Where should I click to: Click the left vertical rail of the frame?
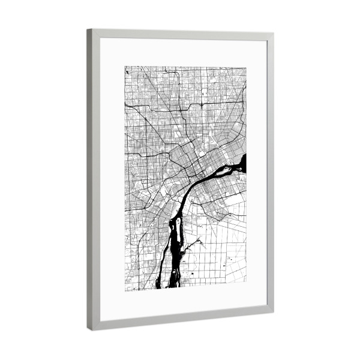pyautogui.click(x=94, y=180)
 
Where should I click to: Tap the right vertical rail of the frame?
pyautogui.click(x=269, y=174)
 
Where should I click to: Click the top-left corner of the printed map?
pyautogui.click(x=125, y=66)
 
